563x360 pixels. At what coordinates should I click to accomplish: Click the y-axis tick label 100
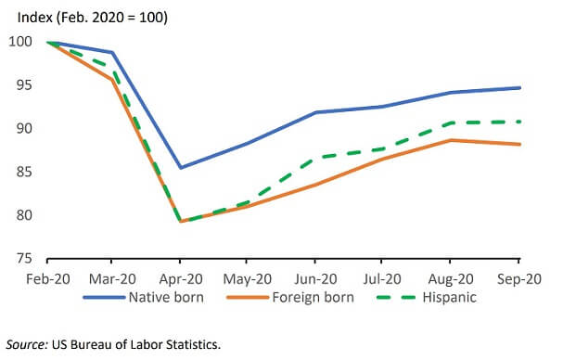coord(20,42)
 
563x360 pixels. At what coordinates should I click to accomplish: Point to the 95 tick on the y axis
coord(23,85)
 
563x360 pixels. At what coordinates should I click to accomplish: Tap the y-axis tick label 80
coord(23,215)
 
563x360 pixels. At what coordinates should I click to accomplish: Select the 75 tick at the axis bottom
coord(23,259)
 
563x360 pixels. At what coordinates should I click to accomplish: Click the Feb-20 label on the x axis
coord(46,277)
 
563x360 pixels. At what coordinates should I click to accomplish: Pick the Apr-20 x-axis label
coord(179,277)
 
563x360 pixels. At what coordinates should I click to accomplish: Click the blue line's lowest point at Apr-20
coord(180,167)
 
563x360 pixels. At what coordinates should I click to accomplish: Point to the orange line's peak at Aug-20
coord(452,140)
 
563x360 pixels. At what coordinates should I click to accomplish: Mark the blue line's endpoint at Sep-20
coord(519,88)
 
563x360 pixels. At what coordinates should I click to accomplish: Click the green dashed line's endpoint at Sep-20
coord(519,122)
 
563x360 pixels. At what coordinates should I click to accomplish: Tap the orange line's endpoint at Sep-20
coord(519,144)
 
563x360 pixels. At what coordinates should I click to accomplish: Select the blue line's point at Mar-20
coord(112,53)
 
